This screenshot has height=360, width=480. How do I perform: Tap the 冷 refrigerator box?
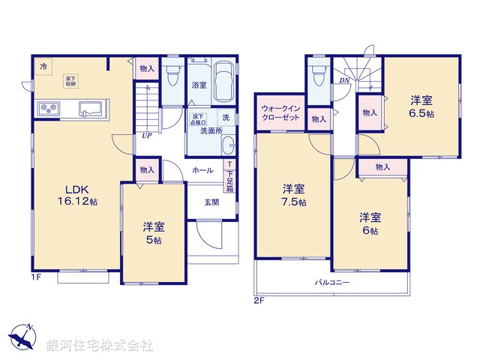(43, 67)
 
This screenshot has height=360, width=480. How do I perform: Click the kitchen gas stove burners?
(48, 110)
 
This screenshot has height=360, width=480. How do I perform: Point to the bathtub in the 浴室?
(224, 80)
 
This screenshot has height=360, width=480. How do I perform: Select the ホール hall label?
(203, 170)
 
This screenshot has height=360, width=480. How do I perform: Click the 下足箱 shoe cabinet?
(229, 178)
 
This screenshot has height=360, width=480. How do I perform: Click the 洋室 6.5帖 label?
(421, 106)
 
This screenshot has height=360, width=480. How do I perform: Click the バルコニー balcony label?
(331, 282)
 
